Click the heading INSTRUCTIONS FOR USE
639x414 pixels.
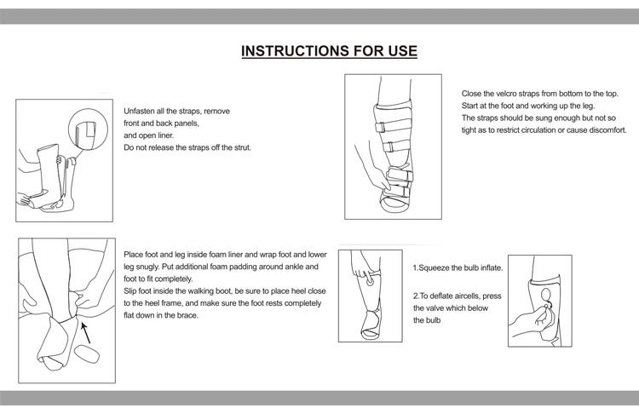click(329, 50)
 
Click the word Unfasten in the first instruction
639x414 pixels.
click(140, 112)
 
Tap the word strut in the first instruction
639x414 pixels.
click(239, 147)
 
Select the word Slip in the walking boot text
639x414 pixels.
click(131, 290)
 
